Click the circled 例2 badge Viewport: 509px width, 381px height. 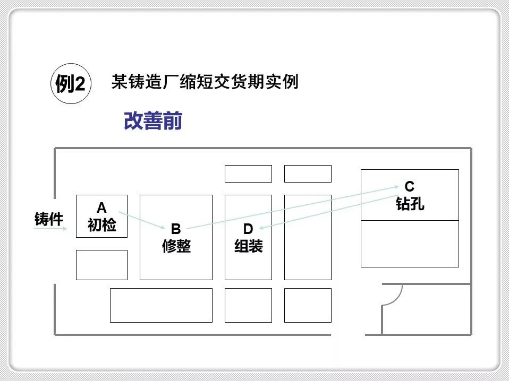pos(71,84)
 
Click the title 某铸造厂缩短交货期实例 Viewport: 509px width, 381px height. pos(205,82)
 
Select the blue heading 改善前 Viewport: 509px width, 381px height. pos(153,121)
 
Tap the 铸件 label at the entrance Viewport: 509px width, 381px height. pos(49,219)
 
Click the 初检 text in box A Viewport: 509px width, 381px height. pos(101,225)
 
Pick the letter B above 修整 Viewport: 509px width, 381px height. pos(176,229)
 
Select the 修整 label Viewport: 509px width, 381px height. pos(176,246)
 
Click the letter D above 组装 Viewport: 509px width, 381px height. pos(248,229)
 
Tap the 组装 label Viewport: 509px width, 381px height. pos(248,246)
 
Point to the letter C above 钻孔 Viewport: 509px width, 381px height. pos(409,187)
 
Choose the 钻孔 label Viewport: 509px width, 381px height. pos(410,204)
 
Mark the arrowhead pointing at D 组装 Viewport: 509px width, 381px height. pos(262,229)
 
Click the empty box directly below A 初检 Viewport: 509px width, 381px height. pos(101,265)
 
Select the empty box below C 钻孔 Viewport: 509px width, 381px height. pos(410,244)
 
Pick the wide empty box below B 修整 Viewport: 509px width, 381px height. pos(161,305)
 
